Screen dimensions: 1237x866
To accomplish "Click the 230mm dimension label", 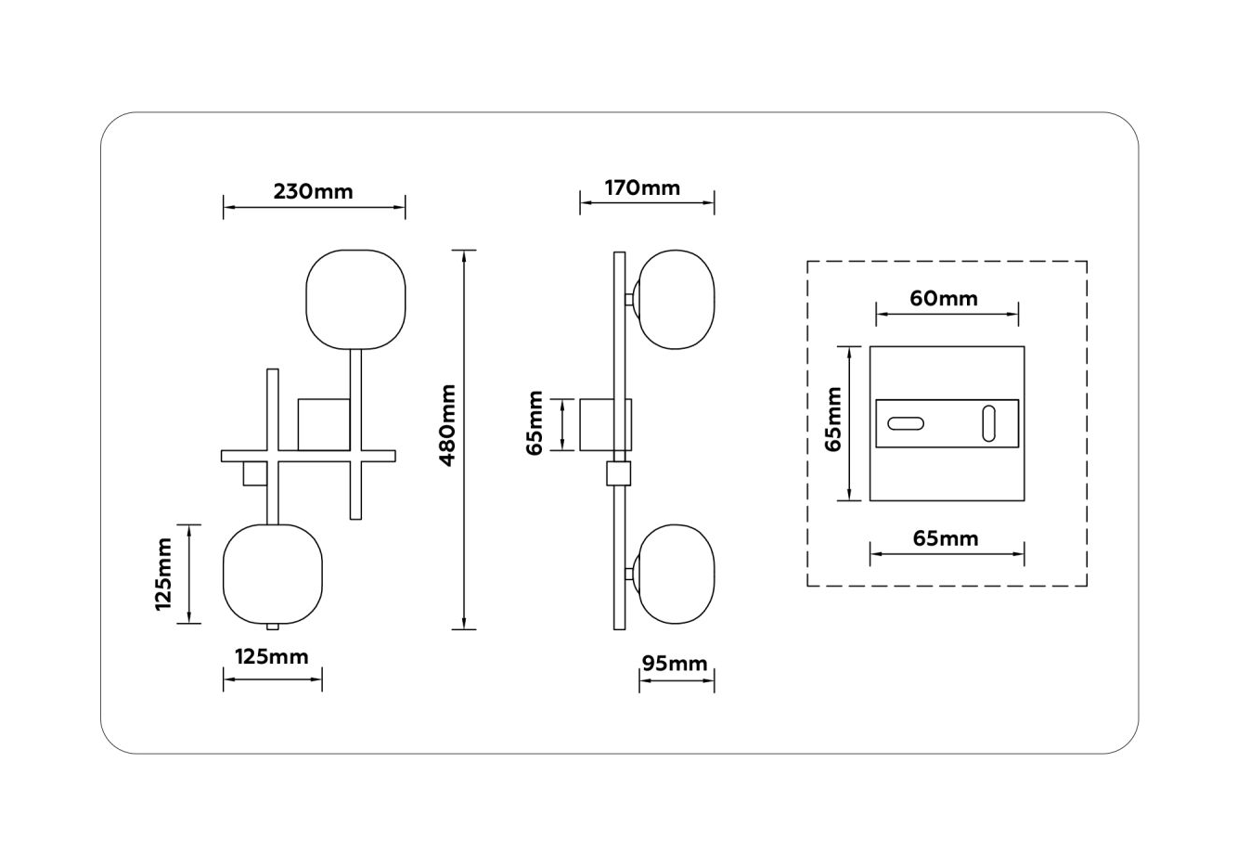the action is pyautogui.click(x=313, y=191).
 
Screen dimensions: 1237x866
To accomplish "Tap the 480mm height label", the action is pyautogui.click(x=447, y=425).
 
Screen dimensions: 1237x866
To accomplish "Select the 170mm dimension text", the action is pyautogui.click(x=642, y=187).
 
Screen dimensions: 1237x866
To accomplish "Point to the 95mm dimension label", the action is pyautogui.click(x=675, y=664).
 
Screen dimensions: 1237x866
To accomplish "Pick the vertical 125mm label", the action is pyautogui.click(x=163, y=574).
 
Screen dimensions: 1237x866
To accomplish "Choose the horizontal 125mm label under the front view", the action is pyautogui.click(x=272, y=656).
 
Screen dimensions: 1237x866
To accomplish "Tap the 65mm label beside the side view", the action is pyautogui.click(x=535, y=423).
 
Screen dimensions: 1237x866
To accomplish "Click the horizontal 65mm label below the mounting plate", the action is pyautogui.click(x=946, y=538).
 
